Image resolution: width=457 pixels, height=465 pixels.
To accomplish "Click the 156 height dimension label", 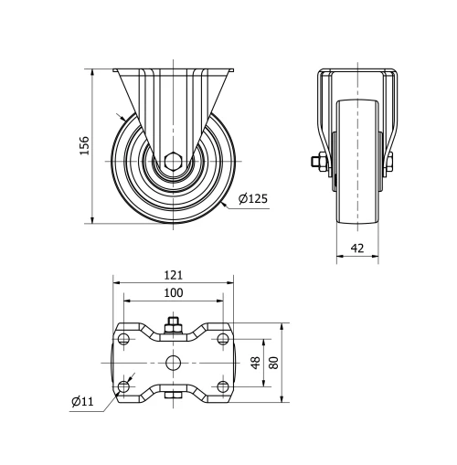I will coord(84,145).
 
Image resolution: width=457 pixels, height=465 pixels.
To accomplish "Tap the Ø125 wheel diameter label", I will coord(252,199).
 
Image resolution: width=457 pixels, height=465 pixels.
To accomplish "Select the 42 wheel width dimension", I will coord(356,248).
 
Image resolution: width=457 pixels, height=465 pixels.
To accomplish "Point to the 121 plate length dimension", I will coord(174,274).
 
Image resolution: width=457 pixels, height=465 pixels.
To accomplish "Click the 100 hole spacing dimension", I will coord(174,292).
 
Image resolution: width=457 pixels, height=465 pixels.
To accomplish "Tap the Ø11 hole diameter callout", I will coord(82,401).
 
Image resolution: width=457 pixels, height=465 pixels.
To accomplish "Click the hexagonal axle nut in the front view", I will coord(173,164).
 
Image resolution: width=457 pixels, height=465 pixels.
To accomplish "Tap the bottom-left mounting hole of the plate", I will coord(123,386).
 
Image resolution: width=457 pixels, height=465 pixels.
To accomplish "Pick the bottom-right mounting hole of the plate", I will coord(223,386).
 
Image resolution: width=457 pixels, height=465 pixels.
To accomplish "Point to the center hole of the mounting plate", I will coord(173,363).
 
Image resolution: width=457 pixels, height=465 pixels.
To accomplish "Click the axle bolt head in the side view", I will coord(317,164).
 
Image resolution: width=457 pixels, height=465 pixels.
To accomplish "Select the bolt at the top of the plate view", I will coord(173,323).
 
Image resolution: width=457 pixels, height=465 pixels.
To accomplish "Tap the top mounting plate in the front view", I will coord(173,71).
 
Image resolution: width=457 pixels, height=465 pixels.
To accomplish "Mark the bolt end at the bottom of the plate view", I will coord(173,396).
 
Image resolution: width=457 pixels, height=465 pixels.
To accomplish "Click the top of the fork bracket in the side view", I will coord(357,71).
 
